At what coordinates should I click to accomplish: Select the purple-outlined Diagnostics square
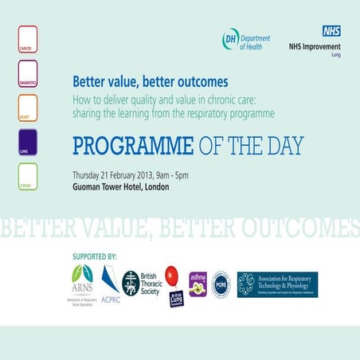27,72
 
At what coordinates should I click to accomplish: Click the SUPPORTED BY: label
94,257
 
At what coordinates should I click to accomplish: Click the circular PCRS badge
221,284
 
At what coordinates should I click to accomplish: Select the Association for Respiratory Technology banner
277,284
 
